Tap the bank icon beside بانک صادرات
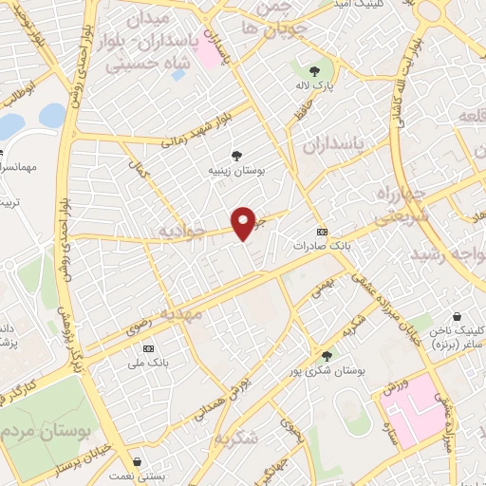coord(322,231)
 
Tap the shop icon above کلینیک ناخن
coord(458,315)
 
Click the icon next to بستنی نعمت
coord(139,462)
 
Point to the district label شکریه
coord(236,439)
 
